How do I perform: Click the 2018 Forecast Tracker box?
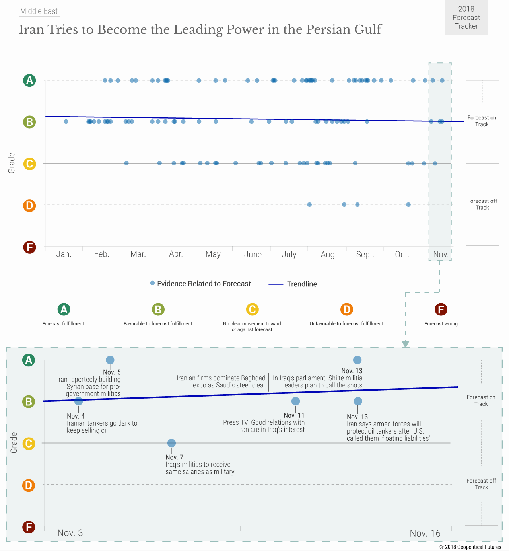(466, 18)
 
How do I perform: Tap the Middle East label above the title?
(39, 11)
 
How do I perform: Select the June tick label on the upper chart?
(253, 255)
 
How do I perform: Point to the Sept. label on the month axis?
(365, 255)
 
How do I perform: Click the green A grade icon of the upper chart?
(29, 80)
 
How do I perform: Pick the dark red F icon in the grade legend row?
(441, 309)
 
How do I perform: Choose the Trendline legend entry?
(293, 284)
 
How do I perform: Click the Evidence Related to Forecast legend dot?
(152, 283)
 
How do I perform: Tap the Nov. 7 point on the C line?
(171, 443)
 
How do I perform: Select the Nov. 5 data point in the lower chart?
(110, 360)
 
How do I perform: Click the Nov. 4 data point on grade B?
(79, 401)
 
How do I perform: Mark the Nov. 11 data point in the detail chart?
(295, 401)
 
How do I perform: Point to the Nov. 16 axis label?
(425, 533)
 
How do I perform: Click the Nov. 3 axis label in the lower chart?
(70, 533)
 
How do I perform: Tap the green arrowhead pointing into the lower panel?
(405, 344)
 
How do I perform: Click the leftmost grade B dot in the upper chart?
(66, 121)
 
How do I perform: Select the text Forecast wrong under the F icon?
(441, 324)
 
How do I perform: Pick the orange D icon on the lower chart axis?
(29, 485)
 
